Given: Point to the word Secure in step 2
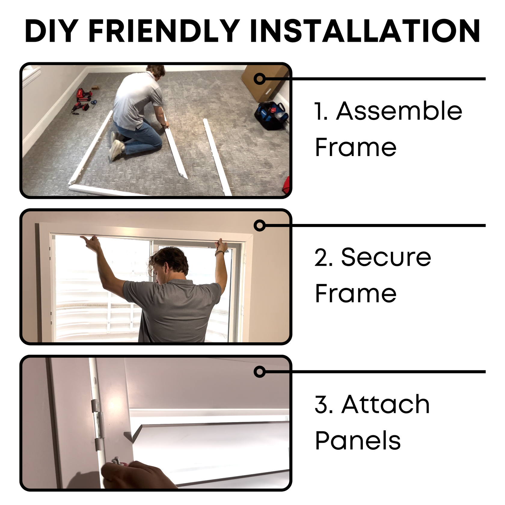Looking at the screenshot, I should (x=386, y=257).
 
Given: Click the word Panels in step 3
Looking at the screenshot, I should (x=358, y=441).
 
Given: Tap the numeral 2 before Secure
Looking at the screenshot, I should (x=323, y=258).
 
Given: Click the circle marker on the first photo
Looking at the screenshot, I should (x=260, y=79).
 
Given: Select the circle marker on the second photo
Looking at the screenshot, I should (x=260, y=225).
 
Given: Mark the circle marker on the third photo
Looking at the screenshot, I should (x=260, y=372).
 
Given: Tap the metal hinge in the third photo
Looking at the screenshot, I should (x=97, y=425).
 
